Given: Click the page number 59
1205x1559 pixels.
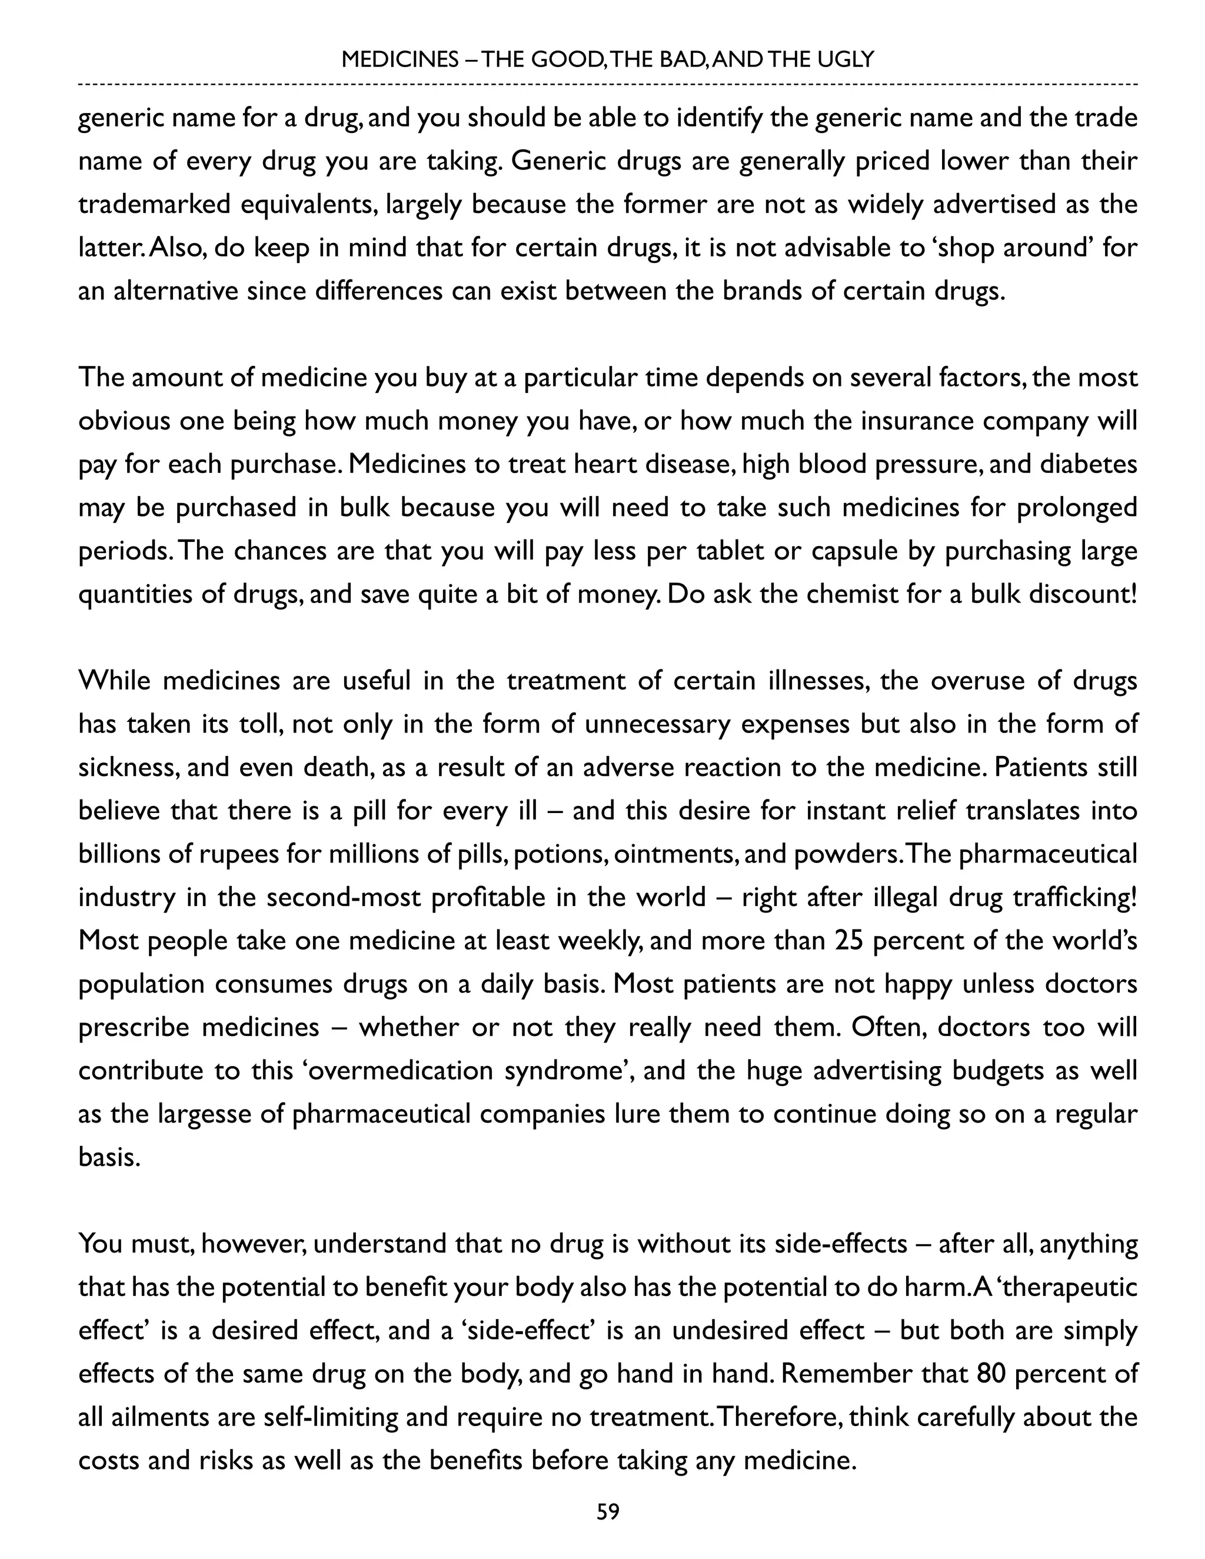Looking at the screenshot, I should coord(607,1512).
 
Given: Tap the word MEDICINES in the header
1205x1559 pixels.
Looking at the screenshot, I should coord(400,59).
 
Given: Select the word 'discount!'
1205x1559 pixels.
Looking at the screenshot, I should coord(1082,594).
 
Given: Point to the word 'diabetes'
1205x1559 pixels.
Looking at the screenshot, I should coord(1088,464).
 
